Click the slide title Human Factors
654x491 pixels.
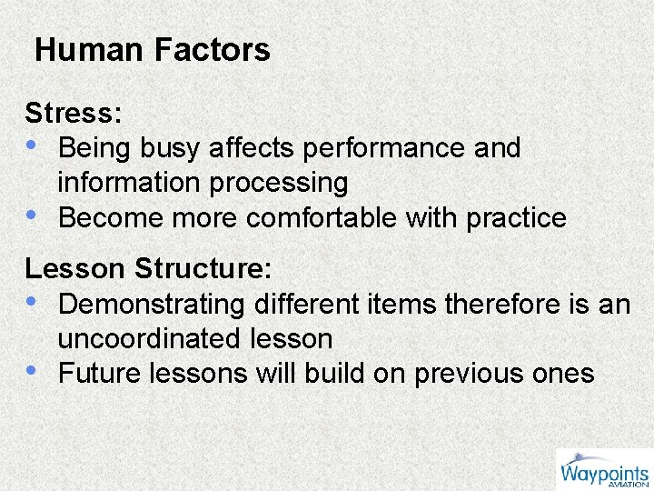153,50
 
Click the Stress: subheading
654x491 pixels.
74,114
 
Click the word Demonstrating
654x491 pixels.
152,304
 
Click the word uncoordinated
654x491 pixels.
144,339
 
